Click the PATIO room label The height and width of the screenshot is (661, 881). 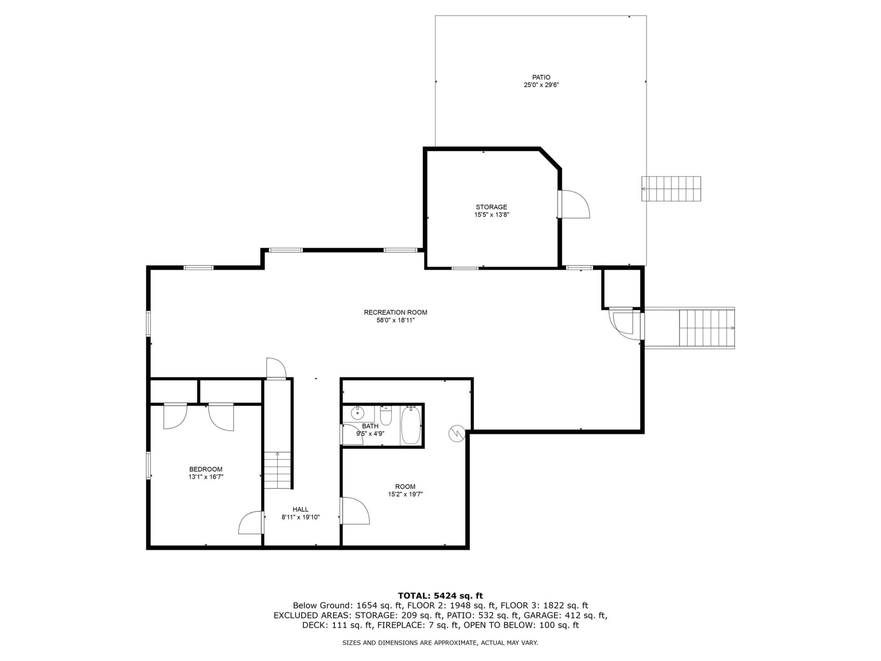point(541,78)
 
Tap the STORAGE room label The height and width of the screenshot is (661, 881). point(491,207)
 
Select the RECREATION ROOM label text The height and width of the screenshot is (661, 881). point(396,313)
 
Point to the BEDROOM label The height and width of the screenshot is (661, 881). point(206,469)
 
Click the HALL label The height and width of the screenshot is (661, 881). point(301,510)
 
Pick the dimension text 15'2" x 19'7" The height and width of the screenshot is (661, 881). point(405,494)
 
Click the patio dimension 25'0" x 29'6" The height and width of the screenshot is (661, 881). point(541,85)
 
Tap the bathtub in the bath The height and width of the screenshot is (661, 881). point(411,425)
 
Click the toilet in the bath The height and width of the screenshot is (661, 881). point(386,415)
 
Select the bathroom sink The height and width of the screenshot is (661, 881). point(357,413)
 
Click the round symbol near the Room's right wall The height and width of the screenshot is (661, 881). point(457,433)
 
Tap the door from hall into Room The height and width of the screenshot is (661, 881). point(354,510)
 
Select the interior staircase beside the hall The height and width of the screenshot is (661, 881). point(278,471)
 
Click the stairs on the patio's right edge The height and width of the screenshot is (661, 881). point(671,189)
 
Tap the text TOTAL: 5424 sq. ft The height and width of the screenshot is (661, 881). point(440,596)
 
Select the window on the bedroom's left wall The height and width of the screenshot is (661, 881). point(148,466)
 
